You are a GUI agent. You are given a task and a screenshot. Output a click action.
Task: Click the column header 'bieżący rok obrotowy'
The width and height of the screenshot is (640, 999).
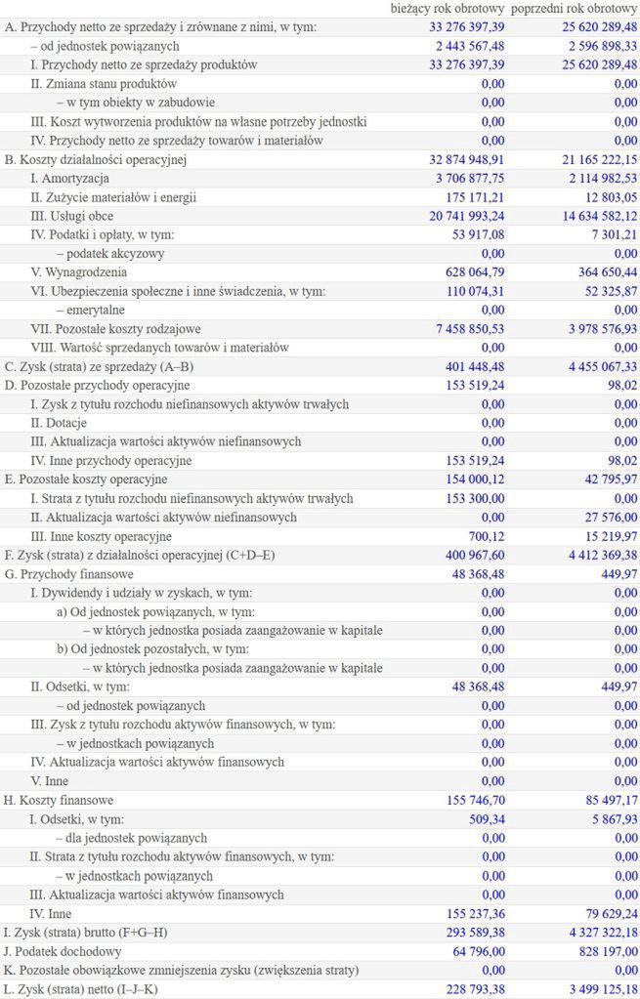pyautogui.click(x=447, y=8)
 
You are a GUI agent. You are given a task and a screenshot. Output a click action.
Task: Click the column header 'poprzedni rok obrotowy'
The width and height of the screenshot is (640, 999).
pyautogui.click(x=574, y=8)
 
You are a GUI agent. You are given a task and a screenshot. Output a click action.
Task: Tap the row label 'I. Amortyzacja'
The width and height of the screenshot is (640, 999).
pyautogui.click(x=69, y=178)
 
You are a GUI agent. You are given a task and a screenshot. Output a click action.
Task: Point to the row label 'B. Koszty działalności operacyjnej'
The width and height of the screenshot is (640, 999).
pyautogui.click(x=95, y=159)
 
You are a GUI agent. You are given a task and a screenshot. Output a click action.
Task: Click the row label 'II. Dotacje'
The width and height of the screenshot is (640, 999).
pyautogui.click(x=59, y=423)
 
